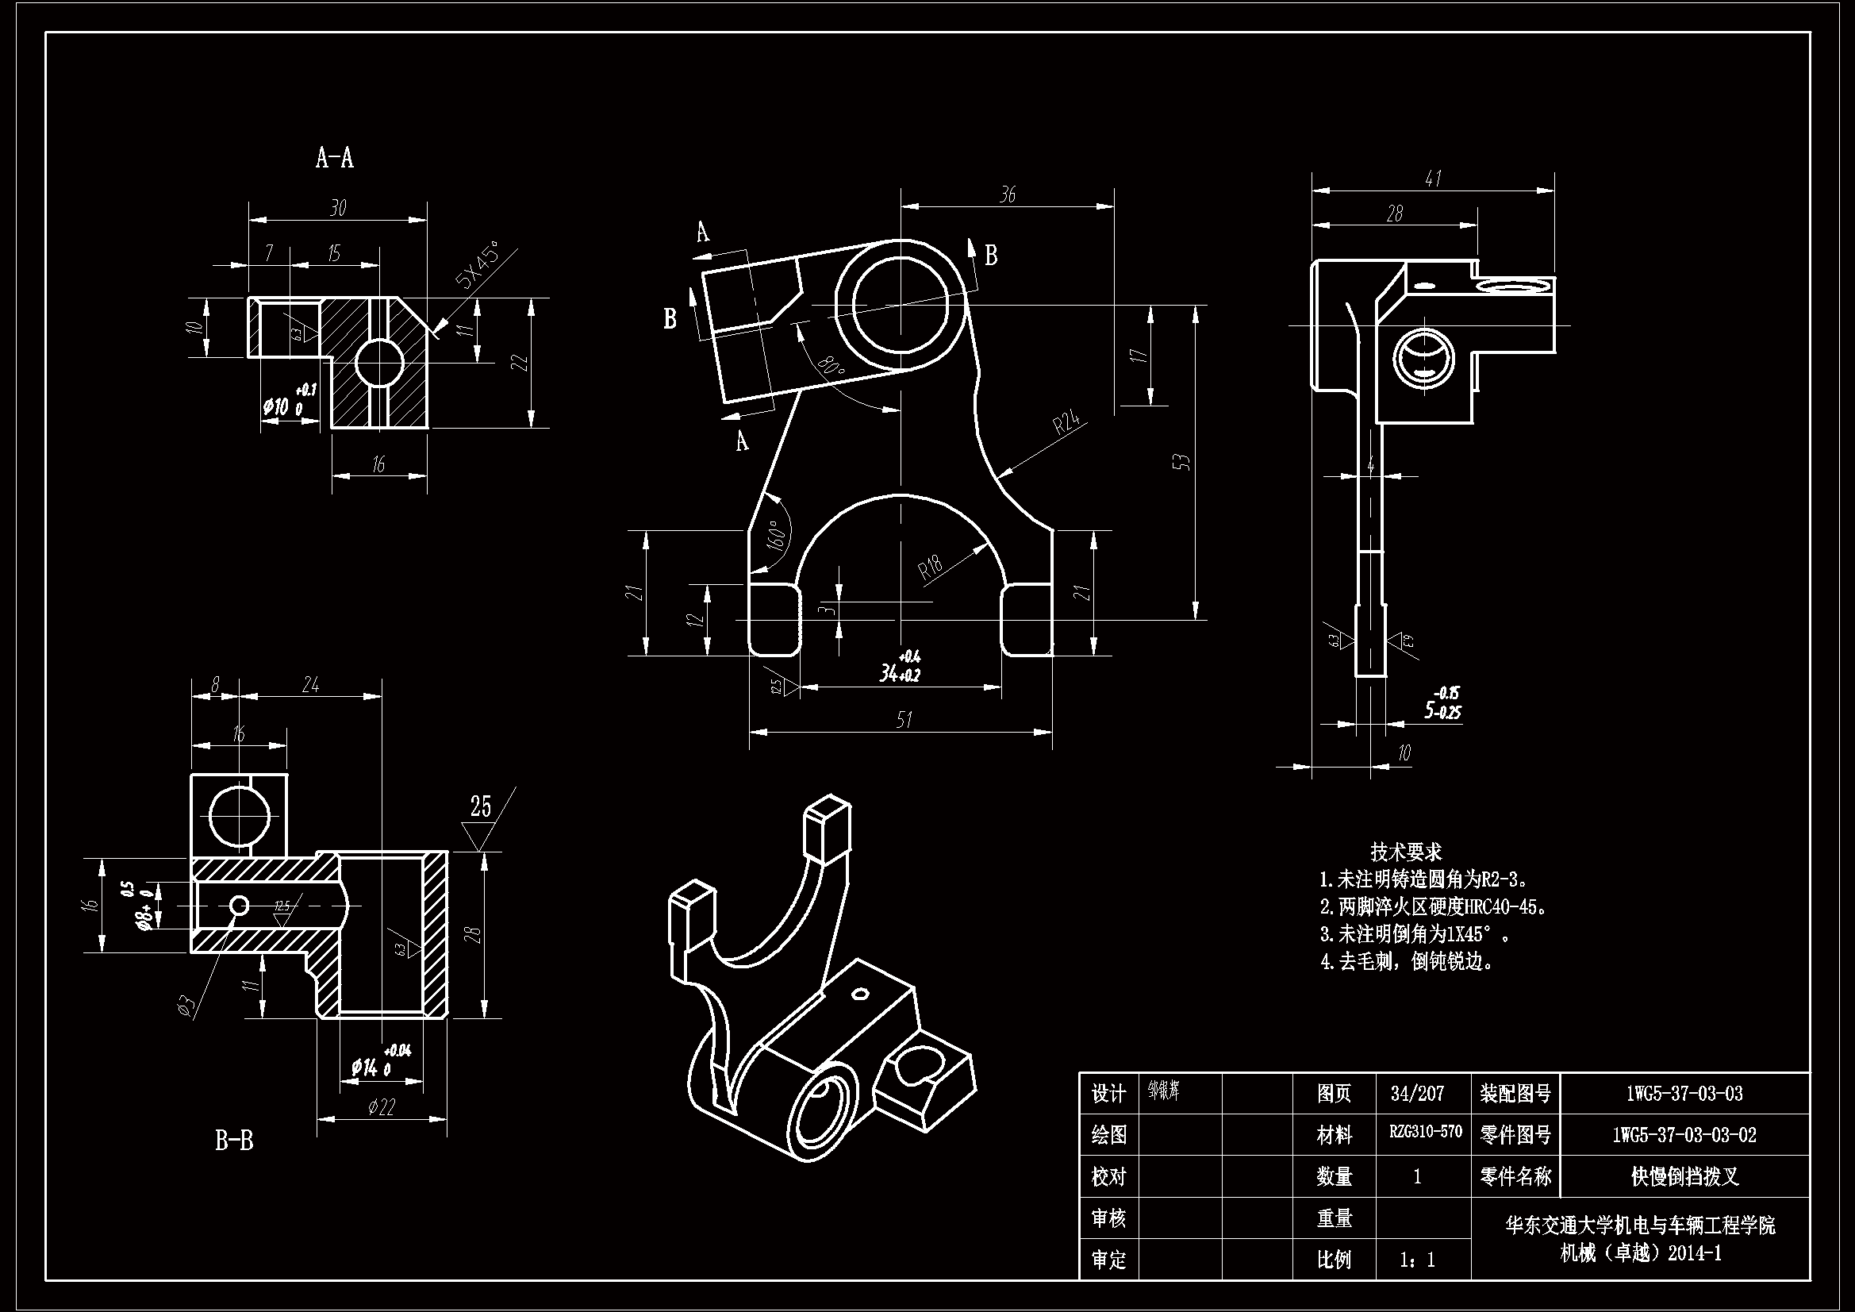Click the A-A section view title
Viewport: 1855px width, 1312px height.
pyautogui.click(x=335, y=158)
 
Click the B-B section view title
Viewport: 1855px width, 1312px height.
pyautogui.click(x=234, y=1141)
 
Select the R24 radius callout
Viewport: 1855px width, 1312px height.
pyautogui.click(x=1066, y=424)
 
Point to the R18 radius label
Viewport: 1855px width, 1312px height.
pyautogui.click(x=931, y=568)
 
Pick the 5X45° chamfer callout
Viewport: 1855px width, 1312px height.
pyautogui.click(x=477, y=268)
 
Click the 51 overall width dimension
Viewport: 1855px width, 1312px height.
pyautogui.click(x=904, y=719)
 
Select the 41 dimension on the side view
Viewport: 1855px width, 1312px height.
pyautogui.click(x=1433, y=179)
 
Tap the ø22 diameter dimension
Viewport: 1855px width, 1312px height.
pyautogui.click(x=381, y=1106)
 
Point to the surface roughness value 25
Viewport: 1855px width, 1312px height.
pyautogui.click(x=481, y=806)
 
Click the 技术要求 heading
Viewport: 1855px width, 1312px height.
pyautogui.click(x=1406, y=851)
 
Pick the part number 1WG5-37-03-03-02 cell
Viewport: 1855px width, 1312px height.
pyautogui.click(x=1684, y=1134)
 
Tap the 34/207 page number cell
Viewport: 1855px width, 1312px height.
pyautogui.click(x=1417, y=1094)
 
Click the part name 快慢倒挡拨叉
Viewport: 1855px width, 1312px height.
pyautogui.click(x=1684, y=1176)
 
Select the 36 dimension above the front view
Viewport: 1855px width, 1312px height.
pyautogui.click(x=1008, y=194)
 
